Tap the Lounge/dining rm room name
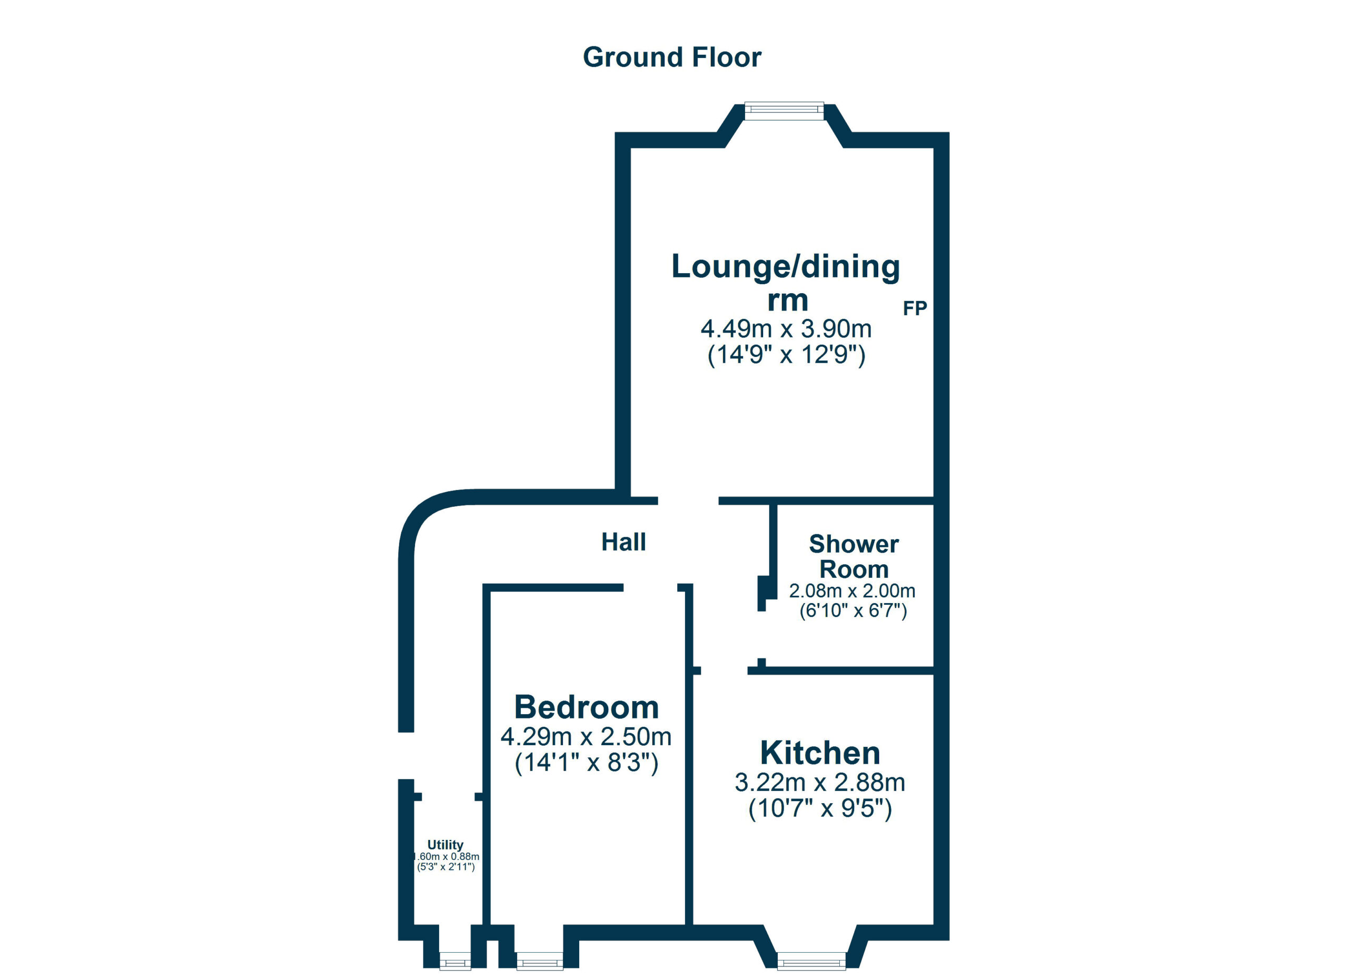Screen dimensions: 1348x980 pos(786,283)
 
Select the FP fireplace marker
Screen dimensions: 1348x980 pos(915,308)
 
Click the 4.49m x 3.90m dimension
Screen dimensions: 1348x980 pos(786,328)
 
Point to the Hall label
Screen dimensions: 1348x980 pos(623,542)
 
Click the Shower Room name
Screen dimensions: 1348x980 pos(854,556)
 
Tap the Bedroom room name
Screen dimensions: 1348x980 pos(587,707)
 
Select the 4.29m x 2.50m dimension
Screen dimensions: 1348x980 pos(586,736)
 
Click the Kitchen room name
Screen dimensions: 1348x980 pos(820,753)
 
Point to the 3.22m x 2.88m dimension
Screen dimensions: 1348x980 pos(820,782)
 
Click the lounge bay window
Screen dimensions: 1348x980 pos(785,111)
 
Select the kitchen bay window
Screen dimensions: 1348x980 pos(811,961)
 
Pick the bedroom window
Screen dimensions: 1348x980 pos(540,961)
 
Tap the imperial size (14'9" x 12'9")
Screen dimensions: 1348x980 pos(786,355)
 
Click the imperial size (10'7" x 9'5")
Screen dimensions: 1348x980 pos(820,808)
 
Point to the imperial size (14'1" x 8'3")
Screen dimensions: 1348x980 pos(587,763)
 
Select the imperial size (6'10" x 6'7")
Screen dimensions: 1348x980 pos(853,611)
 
